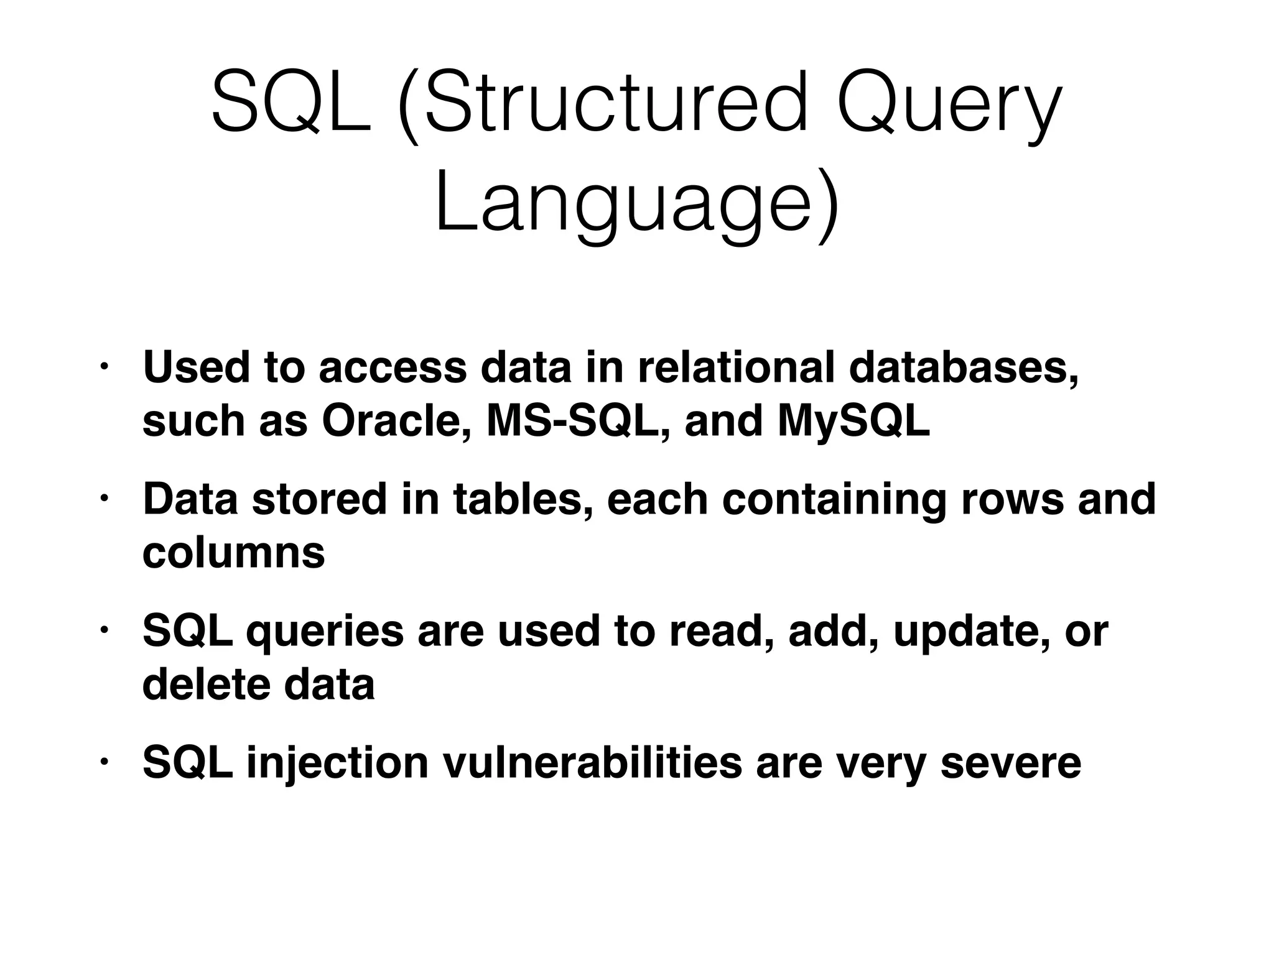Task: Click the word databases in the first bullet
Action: [x=963, y=368]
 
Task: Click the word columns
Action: [x=233, y=553]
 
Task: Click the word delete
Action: [x=206, y=684]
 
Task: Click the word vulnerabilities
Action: [x=592, y=762]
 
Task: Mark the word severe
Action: [x=1011, y=764]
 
